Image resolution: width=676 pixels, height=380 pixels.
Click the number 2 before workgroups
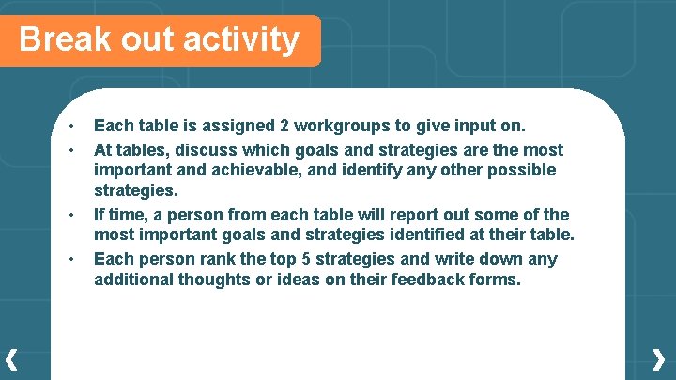284,126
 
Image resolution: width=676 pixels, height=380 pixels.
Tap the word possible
520,171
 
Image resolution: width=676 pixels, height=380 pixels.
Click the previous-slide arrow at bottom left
11,358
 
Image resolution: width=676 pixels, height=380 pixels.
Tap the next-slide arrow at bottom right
659,358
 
